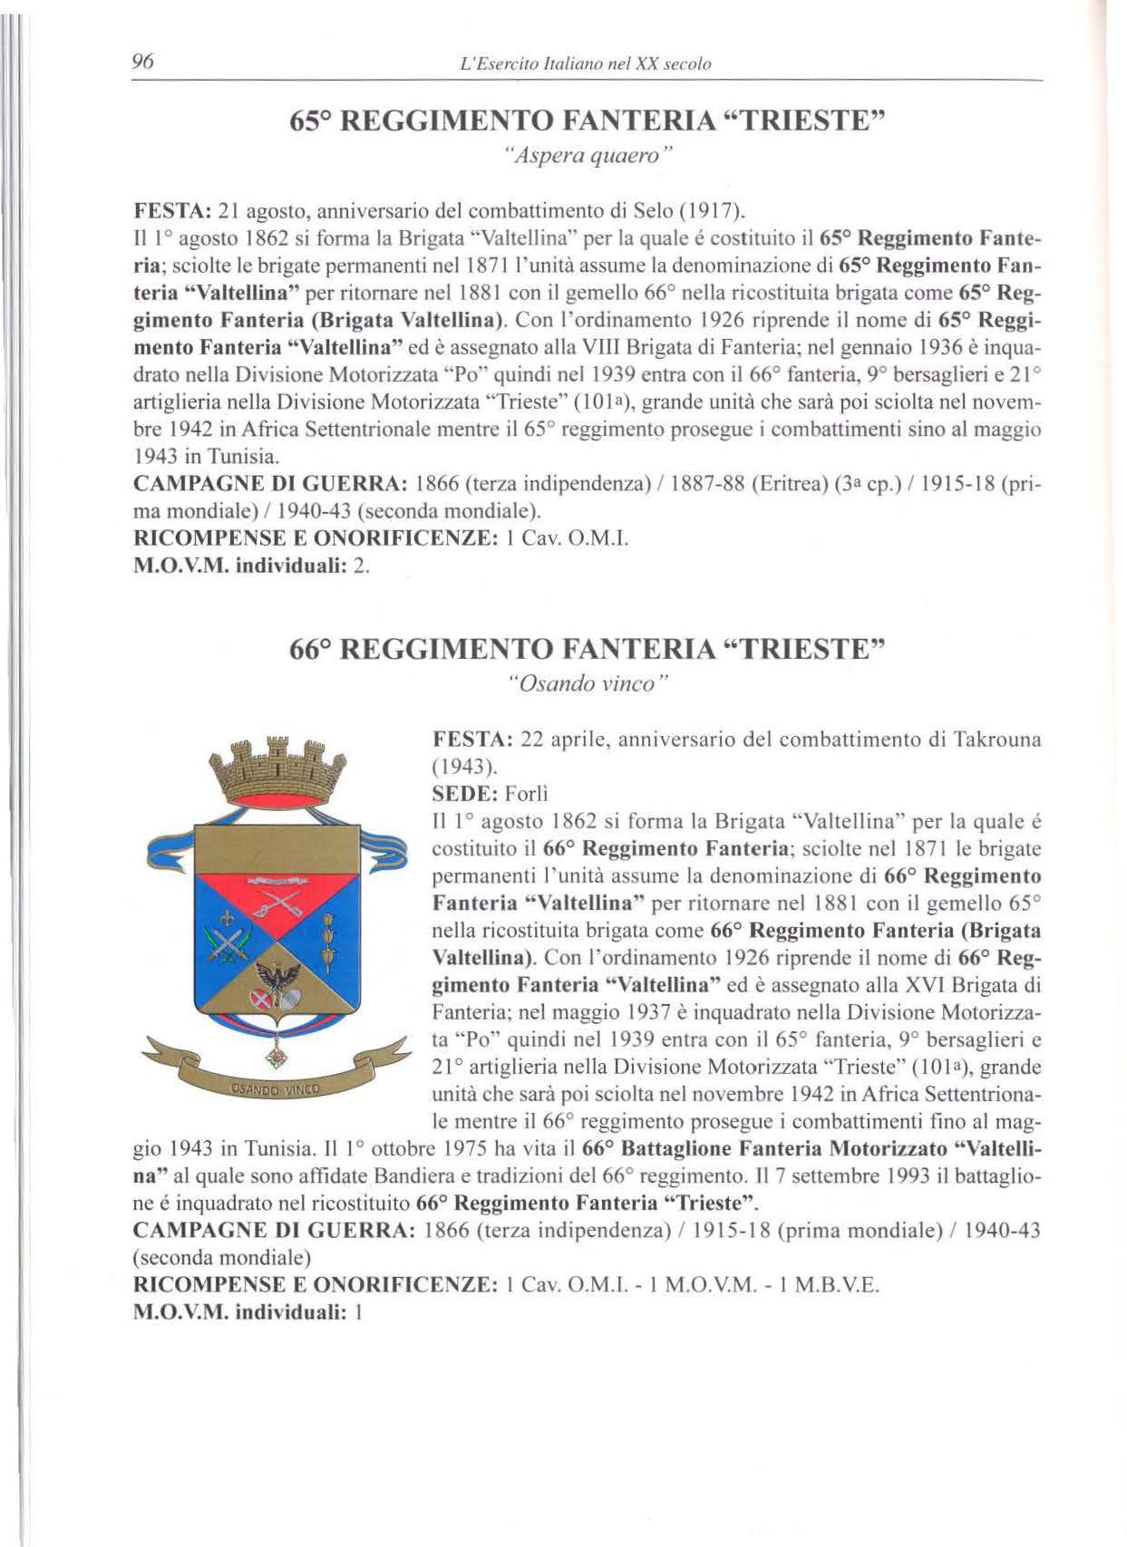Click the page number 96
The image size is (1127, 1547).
[x=143, y=62]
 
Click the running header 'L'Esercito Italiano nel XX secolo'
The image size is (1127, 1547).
[x=586, y=64]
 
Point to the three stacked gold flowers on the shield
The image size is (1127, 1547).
[x=330, y=933]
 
